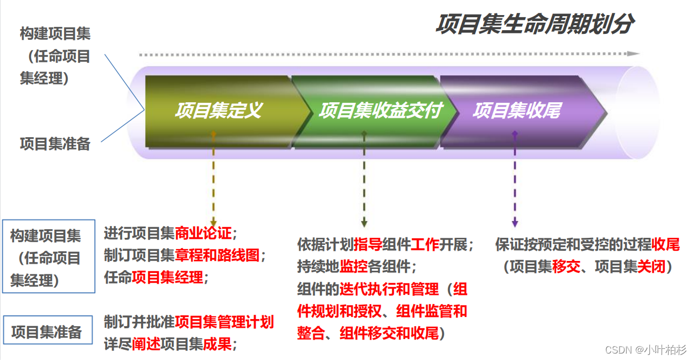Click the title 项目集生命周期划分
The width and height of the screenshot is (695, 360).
534,24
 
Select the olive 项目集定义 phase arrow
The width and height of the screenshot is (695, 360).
218,111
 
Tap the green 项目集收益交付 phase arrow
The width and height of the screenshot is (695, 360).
380,111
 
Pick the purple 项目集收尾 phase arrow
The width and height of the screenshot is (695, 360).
517,111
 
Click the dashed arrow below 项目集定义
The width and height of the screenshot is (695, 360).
213,178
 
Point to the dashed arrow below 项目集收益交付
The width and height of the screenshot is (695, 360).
364,178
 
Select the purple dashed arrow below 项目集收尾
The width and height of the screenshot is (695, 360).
515,178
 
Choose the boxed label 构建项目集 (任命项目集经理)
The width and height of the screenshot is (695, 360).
48,257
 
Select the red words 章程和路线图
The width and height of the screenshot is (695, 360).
217,255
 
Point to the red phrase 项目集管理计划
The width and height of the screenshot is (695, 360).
224,322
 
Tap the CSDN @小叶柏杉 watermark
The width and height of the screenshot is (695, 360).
646,350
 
